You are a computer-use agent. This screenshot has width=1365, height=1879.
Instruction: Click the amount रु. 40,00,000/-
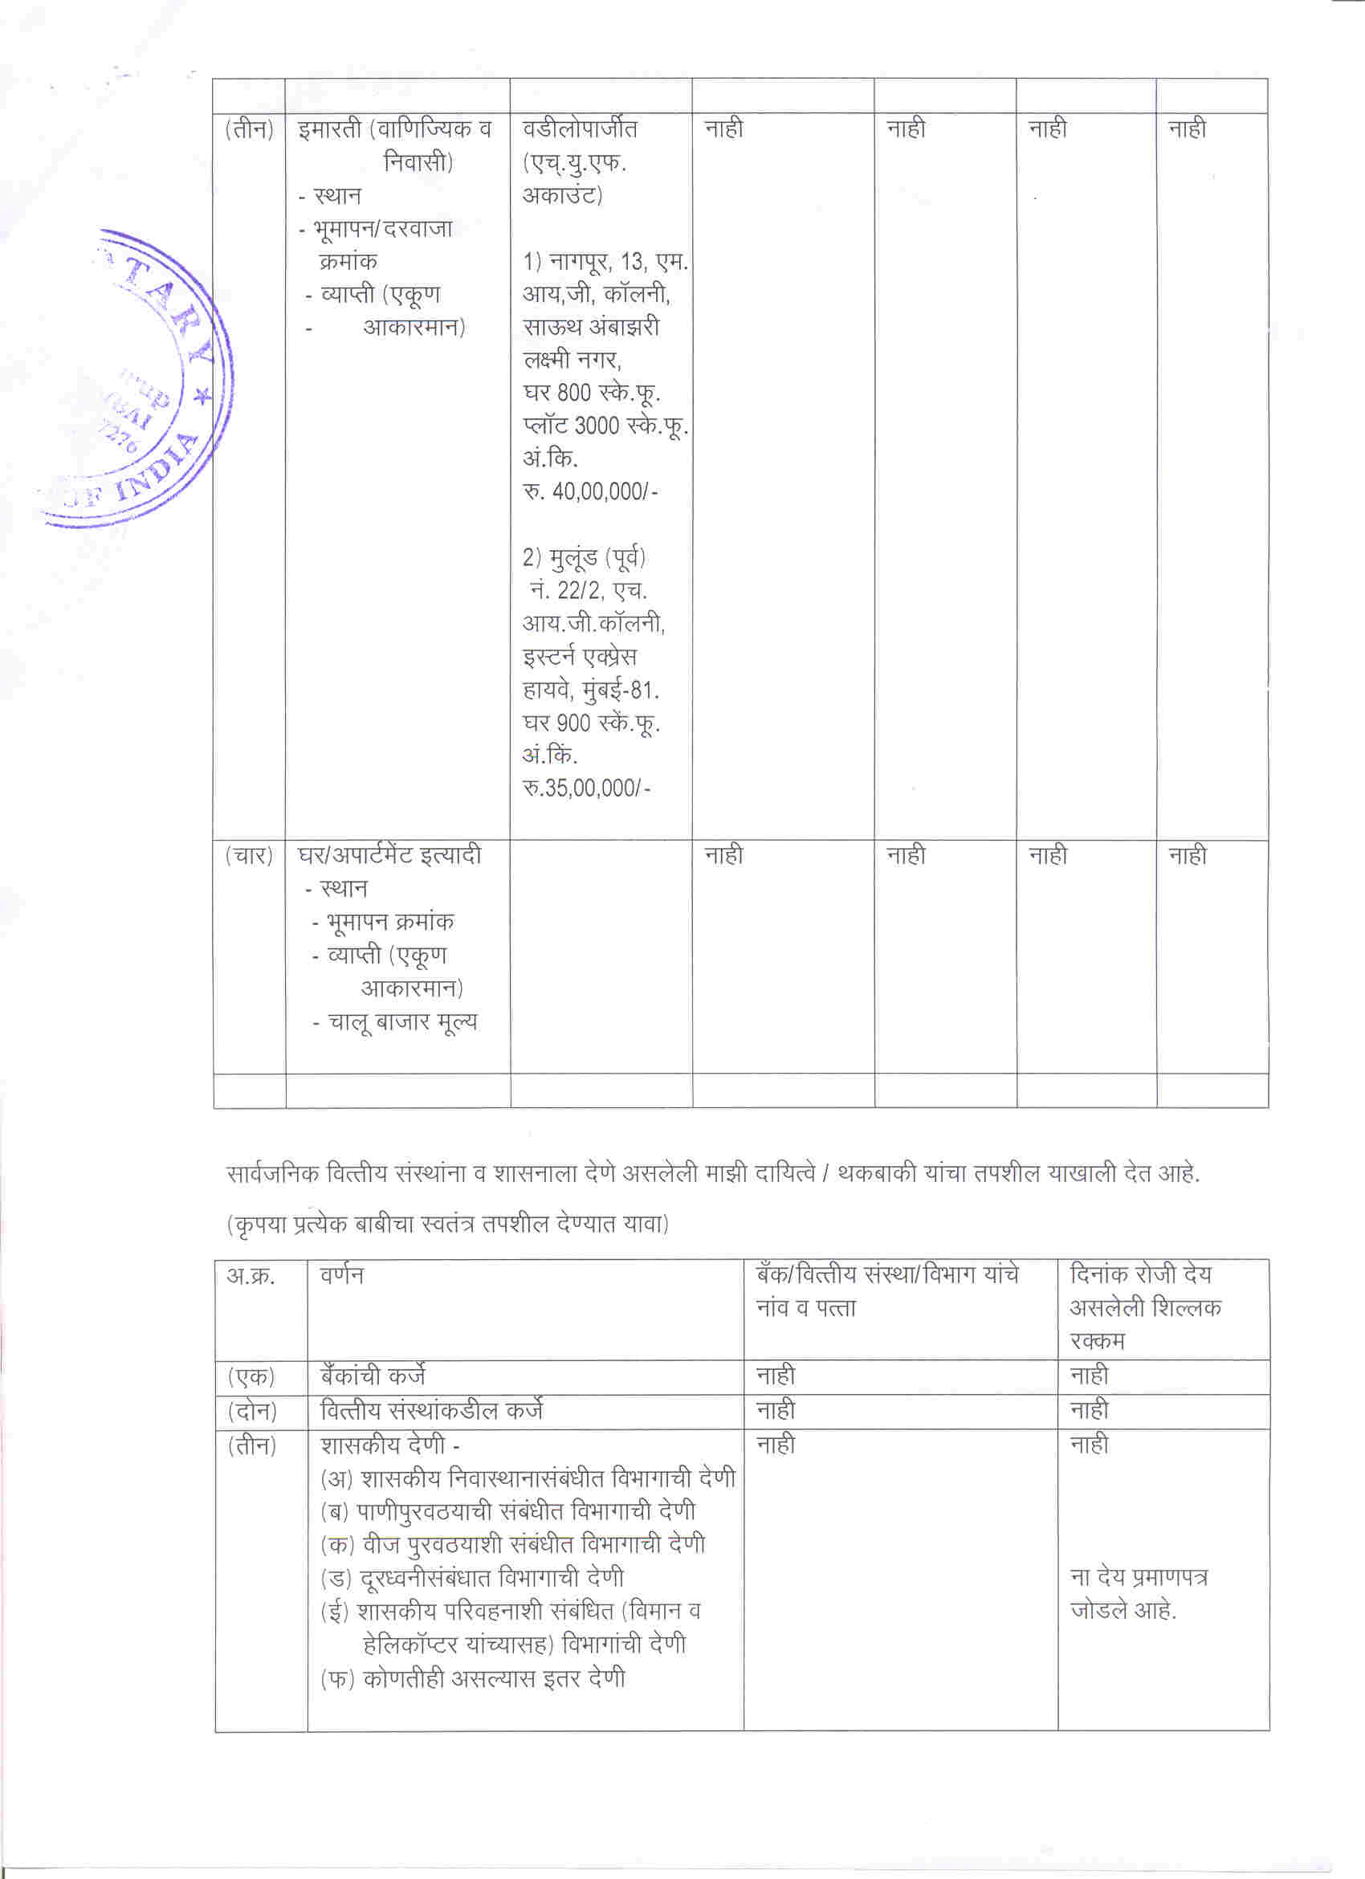tap(589, 491)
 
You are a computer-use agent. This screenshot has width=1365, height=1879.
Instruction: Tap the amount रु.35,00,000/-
tap(585, 788)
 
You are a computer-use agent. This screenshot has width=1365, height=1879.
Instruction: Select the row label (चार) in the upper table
tap(249, 855)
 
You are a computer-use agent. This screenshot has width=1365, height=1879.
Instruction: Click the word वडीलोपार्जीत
tap(580, 128)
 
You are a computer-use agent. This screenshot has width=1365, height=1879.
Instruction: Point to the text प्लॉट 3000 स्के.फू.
tap(605, 426)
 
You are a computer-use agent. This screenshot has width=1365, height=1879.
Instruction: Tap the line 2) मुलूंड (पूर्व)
tap(584, 557)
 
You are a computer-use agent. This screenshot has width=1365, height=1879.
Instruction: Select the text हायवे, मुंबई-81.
tap(590, 690)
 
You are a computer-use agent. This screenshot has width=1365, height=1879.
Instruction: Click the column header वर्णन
tap(341, 1275)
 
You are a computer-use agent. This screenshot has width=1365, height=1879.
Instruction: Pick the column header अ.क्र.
tap(251, 1275)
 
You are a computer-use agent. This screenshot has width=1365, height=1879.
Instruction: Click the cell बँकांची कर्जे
tap(373, 1376)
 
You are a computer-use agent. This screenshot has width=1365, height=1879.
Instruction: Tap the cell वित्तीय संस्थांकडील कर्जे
tap(431, 1410)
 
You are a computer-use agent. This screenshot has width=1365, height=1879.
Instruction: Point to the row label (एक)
tap(251, 1377)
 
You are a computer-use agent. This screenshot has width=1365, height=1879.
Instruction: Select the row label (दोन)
tap(252, 1411)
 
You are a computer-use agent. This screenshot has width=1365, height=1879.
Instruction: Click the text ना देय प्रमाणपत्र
tap(1138, 1576)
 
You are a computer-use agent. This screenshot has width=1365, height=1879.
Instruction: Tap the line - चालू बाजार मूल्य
tap(395, 1022)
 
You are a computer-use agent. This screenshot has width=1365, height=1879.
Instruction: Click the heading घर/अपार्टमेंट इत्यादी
tap(389, 855)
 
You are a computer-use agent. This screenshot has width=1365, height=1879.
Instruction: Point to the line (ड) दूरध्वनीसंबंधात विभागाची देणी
tap(472, 1578)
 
